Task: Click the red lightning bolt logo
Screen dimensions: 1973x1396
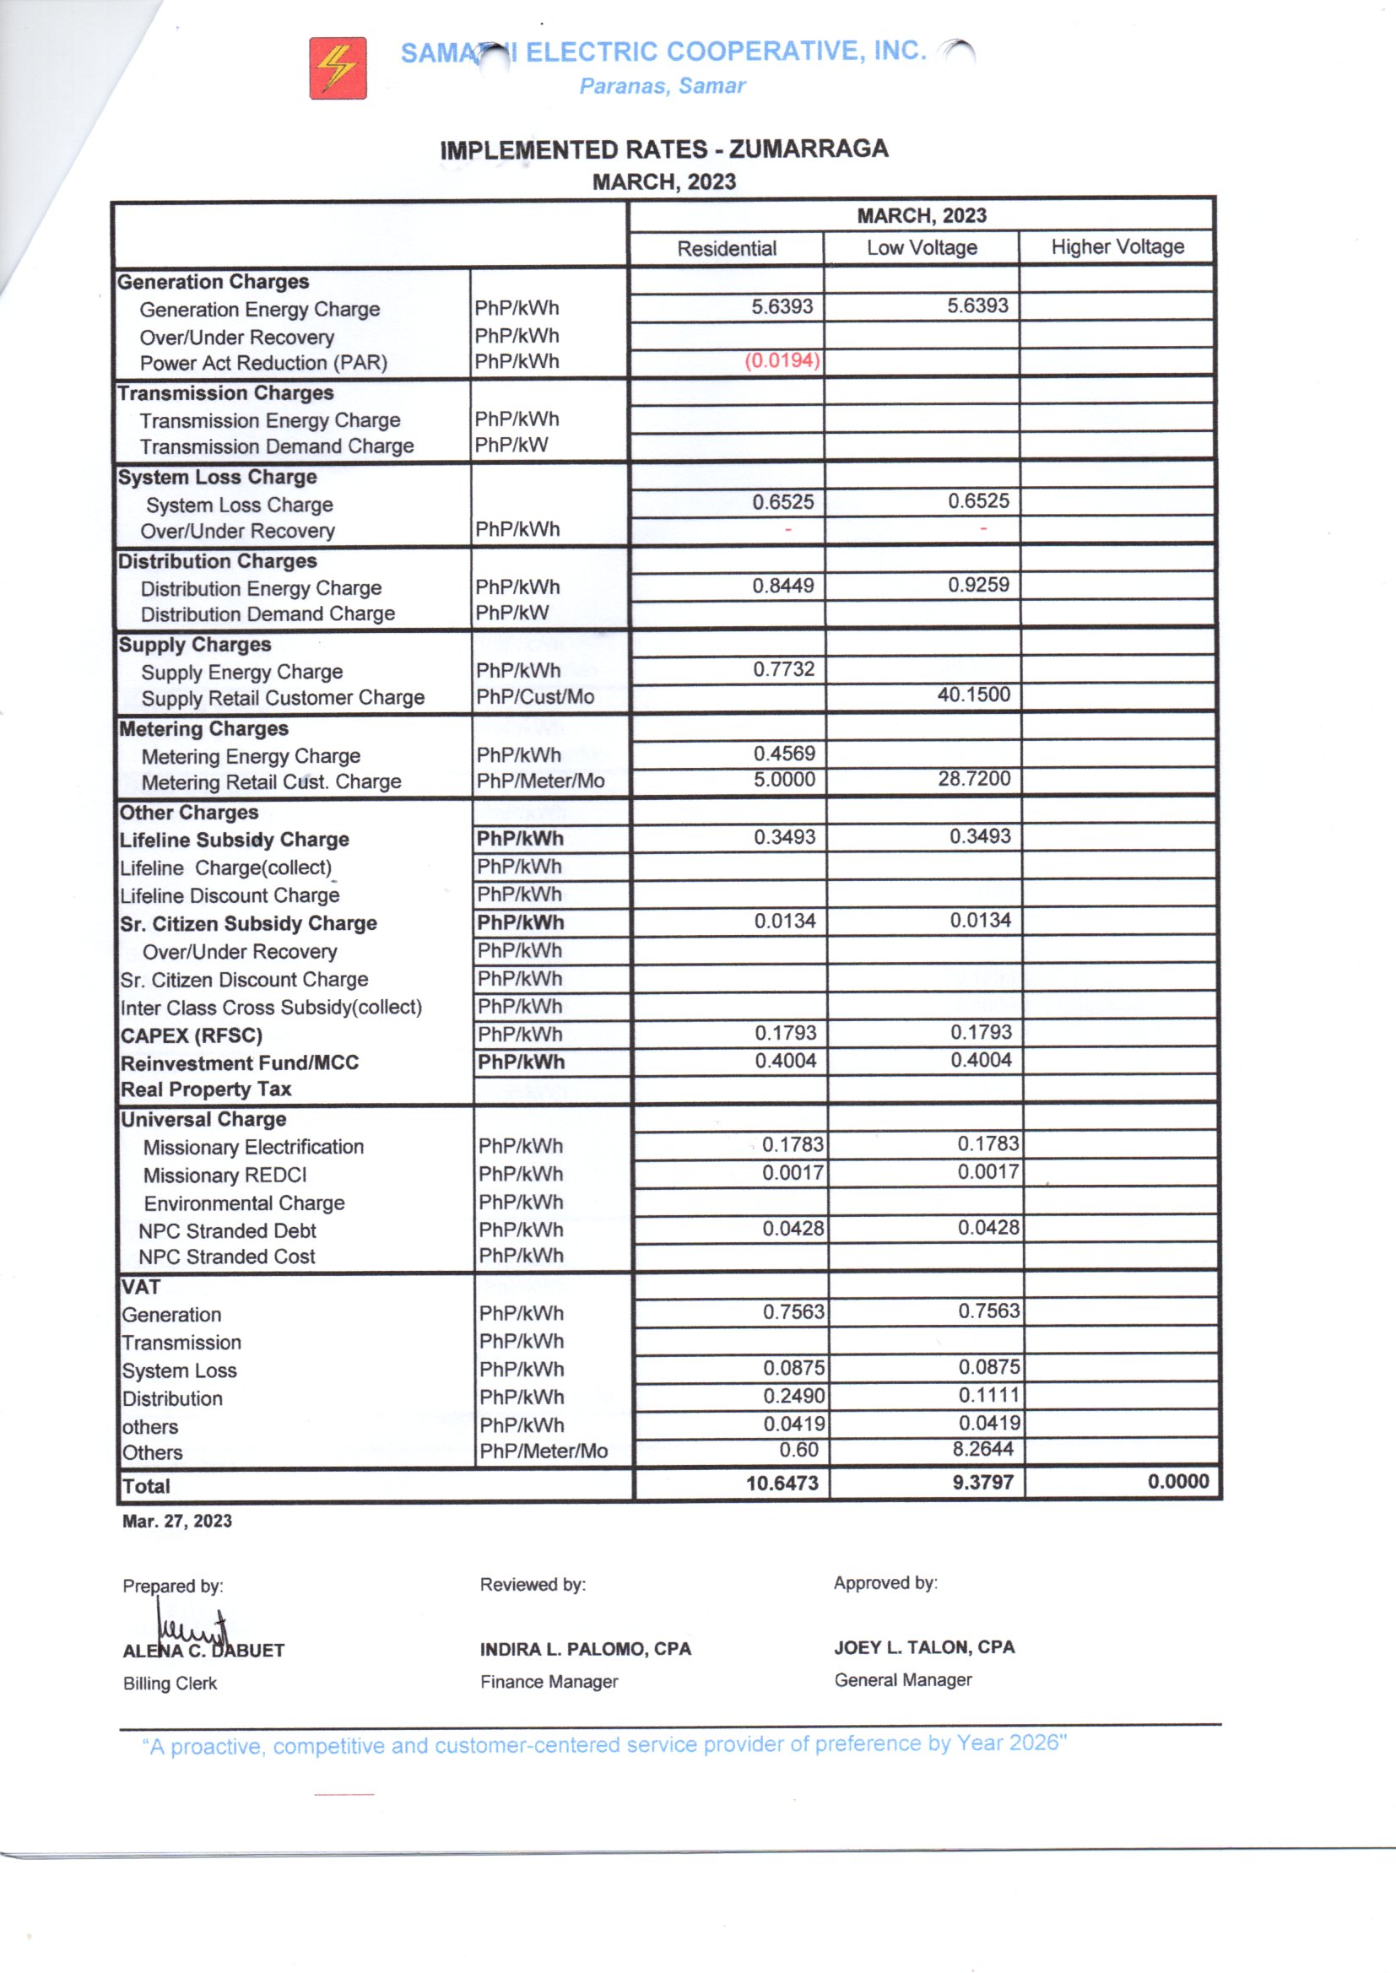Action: (x=338, y=68)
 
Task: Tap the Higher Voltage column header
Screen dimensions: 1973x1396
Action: (x=1117, y=247)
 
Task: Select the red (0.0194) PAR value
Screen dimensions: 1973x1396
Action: (x=782, y=361)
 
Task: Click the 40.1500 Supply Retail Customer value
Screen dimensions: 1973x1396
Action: (x=973, y=695)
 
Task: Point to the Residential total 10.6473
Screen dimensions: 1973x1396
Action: (x=782, y=1484)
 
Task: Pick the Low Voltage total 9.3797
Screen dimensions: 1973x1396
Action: (x=982, y=1483)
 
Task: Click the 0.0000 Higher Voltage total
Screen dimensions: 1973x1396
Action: (x=1177, y=1482)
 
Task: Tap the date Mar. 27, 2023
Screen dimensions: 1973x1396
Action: (x=177, y=1521)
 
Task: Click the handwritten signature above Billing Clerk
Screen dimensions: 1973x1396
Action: (x=192, y=1630)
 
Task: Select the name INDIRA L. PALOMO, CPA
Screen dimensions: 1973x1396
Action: (x=586, y=1649)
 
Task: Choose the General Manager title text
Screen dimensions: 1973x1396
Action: (x=902, y=1680)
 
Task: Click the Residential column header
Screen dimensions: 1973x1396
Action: (x=727, y=249)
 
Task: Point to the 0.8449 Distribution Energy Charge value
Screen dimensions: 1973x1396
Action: (x=783, y=586)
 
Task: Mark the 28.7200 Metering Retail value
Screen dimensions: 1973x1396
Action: (x=974, y=779)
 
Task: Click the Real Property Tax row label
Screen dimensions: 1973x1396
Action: (x=206, y=1089)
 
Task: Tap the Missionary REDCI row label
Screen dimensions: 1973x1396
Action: (x=225, y=1176)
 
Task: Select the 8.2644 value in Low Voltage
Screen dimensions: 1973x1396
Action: (x=982, y=1450)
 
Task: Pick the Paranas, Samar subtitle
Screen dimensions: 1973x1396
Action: (x=662, y=86)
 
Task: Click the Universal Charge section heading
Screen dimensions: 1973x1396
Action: (x=203, y=1120)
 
